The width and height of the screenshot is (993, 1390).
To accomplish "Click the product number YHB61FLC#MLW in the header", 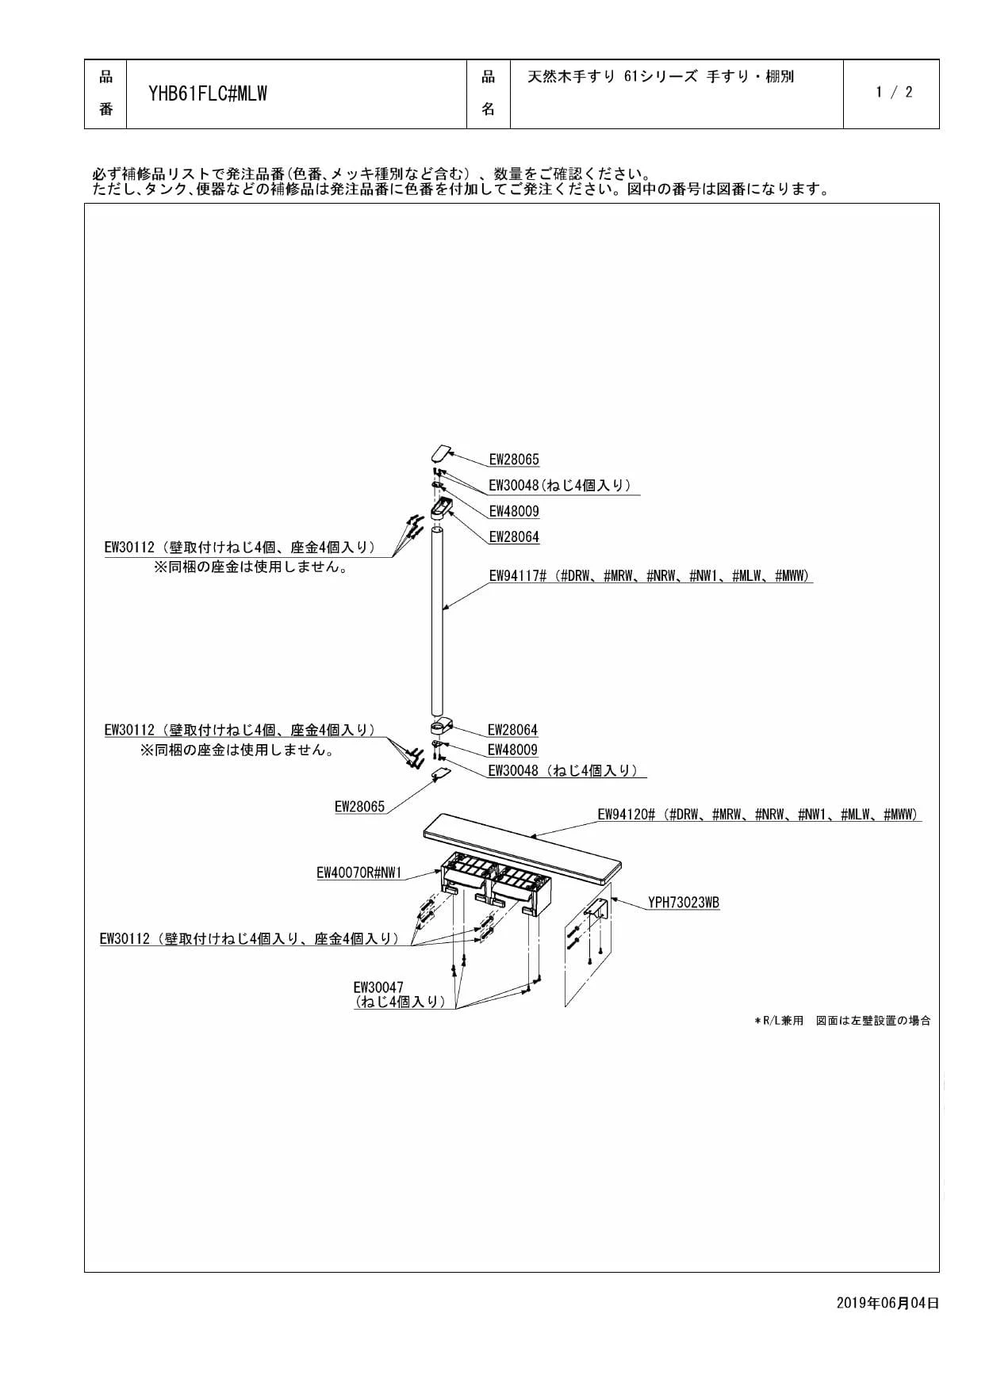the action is tap(208, 94).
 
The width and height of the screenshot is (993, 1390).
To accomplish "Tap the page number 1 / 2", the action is tap(894, 92).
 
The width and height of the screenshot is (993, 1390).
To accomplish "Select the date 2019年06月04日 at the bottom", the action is tap(888, 1303).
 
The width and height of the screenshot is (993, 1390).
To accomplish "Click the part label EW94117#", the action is tap(517, 576).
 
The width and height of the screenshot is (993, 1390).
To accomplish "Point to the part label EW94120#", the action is tap(626, 814).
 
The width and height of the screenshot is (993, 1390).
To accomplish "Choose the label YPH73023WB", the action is tap(684, 903).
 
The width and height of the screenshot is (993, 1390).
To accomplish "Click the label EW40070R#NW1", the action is tap(359, 873).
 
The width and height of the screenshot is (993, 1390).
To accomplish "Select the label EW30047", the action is tap(378, 987).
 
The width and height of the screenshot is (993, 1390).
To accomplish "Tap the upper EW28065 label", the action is tap(514, 460).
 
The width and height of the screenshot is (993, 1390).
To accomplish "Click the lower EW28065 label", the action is tap(359, 807).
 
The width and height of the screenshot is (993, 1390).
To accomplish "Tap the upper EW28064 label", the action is tap(514, 537).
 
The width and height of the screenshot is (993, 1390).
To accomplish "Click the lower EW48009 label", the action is tap(512, 750).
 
